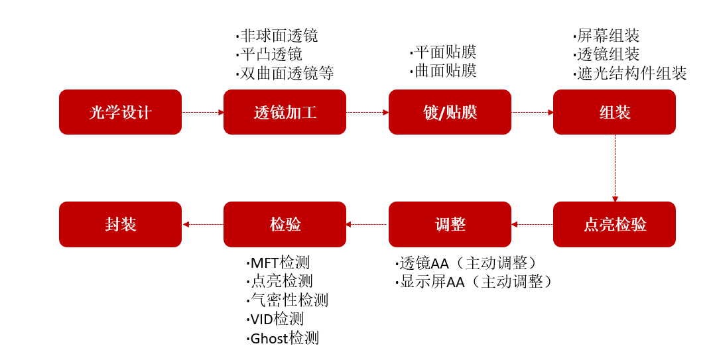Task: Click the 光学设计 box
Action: [120, 112]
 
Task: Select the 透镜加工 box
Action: [285, 112]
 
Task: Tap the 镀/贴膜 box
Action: [450, 112]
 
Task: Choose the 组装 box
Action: [614, 112]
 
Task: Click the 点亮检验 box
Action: [614, 224]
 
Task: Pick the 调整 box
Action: [450, 224]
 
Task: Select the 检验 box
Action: [285, 224]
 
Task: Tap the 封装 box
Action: [120, 224]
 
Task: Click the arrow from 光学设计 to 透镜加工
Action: [202, 112]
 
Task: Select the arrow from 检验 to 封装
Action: [202, 224]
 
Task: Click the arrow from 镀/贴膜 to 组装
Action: [532, 112]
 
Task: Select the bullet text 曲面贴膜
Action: [444, 71]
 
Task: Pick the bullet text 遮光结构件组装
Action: [629, 73]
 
